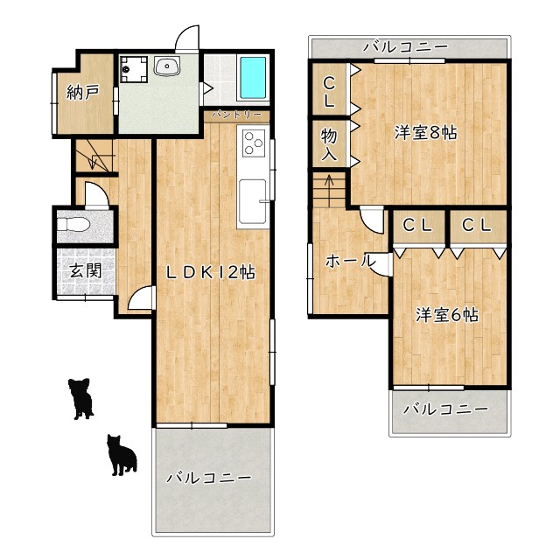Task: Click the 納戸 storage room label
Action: coord(83,93)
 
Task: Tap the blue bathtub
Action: coord(253,78)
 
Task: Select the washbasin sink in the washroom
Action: coord(167,66)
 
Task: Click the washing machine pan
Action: coord(134,69)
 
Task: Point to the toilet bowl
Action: coord(73,225)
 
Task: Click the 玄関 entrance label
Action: coord(86,270)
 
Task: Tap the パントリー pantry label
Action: coord(236,115)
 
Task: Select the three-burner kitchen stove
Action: coord(254,143)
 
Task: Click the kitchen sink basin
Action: coord(253,201)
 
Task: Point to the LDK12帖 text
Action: coord(210,272)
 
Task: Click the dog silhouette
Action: coord(81,398)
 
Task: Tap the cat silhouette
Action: coord(122,455)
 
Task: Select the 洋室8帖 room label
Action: coord(426,133)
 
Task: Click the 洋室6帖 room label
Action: coord(447,315)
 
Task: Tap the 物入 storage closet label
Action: coord(329,144)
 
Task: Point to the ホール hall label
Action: coord(350,261)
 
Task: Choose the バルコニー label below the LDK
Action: coord(209,478)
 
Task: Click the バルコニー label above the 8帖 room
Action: coord(405,46)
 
